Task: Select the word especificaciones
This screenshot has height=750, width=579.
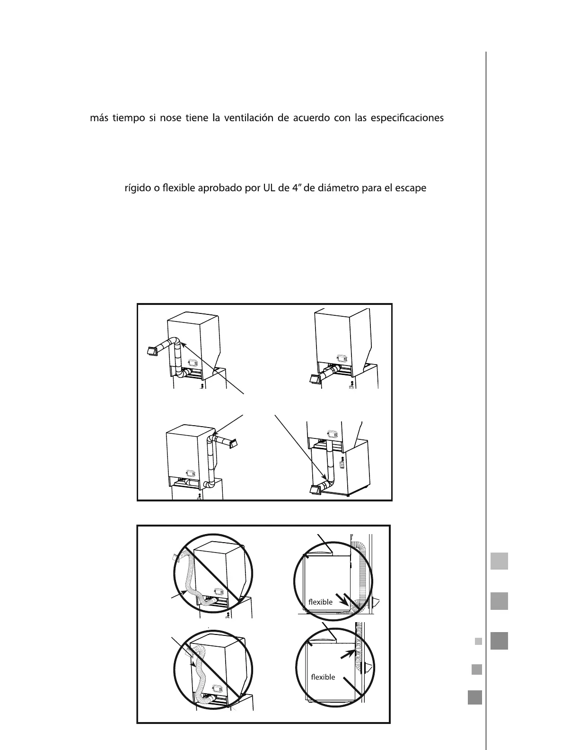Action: (x=407, y=118)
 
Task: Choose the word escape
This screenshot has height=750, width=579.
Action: (x=410, y=188)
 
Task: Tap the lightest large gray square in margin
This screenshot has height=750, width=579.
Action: (x=499, y=561)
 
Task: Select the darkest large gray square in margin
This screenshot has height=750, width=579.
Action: (x=499, y=641)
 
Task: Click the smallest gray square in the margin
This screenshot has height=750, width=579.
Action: (x=478, y=642)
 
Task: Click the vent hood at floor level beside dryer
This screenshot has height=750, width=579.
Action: (x=315, y=490)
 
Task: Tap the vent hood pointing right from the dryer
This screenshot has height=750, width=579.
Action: (x=232, y=443)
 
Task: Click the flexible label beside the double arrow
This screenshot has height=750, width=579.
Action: (x=320, y=602)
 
